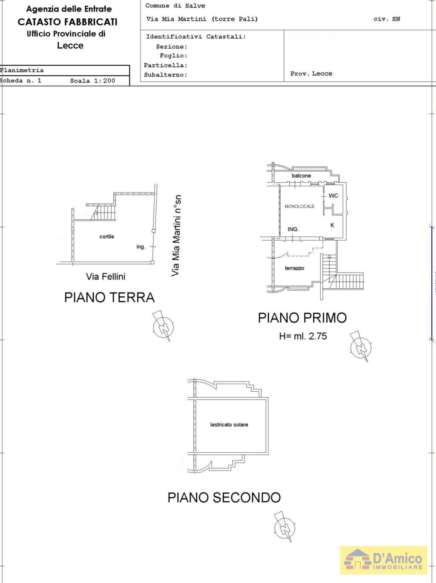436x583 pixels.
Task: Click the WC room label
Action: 333,196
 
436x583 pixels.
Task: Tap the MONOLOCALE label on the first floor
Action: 299,207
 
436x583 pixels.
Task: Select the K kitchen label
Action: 332,225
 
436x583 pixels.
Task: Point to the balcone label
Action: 301,175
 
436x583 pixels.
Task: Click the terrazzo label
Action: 294,268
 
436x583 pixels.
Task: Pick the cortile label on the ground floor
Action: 107,236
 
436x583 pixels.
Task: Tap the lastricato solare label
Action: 229,425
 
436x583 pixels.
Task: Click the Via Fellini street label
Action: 106,277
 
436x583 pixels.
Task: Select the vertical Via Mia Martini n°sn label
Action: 176,235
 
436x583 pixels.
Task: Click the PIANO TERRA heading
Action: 109,298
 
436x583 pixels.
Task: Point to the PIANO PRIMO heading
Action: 302,318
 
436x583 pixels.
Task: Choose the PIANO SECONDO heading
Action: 224,497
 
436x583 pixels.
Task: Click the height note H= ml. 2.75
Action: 303,336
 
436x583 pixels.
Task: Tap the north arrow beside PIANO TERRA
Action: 163,326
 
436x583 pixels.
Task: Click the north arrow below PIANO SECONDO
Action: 284,527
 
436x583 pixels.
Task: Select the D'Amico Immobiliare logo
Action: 384,561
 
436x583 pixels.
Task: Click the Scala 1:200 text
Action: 93,81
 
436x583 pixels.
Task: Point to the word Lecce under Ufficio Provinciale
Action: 70,46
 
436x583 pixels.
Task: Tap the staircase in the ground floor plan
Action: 103,213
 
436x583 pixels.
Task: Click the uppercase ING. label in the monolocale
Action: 293,229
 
